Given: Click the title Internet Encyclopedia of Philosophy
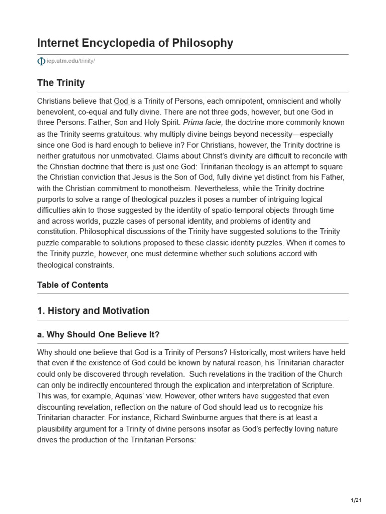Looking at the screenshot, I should (135, 43).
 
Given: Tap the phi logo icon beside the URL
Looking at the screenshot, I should (41, 61).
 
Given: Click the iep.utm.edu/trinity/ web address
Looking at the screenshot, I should (70, 61).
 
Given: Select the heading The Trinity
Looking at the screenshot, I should (61, 83).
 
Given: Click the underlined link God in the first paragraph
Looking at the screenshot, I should (122, 101).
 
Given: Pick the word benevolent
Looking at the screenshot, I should (58, 112).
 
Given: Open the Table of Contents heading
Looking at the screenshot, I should (72, 285).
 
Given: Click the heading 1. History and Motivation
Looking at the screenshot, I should (93, 311).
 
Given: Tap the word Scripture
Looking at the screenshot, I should (311, 385).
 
